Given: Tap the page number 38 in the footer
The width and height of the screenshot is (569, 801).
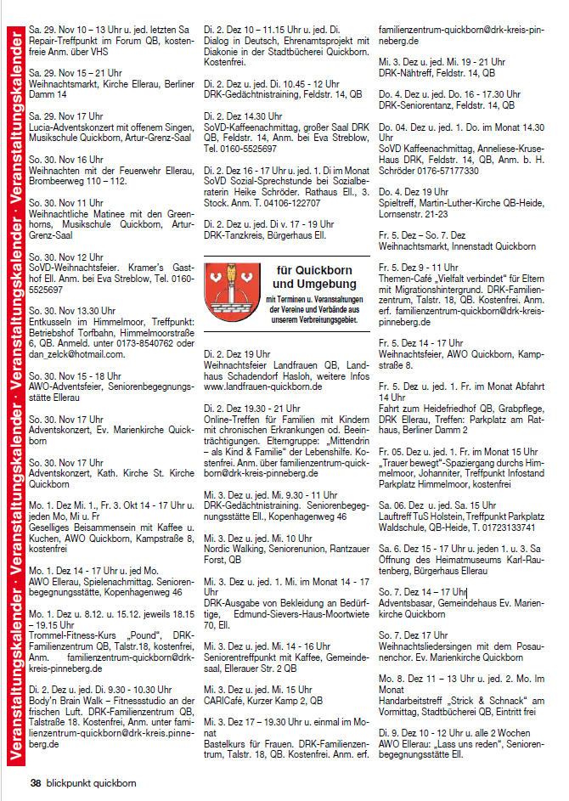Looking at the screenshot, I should pyautogui.click(x=36, y=782).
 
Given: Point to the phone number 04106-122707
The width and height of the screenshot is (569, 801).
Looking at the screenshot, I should pyautogui.click(x=290, y=203).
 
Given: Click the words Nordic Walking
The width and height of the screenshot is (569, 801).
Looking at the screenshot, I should pyautogui.click(x=233, y=538).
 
